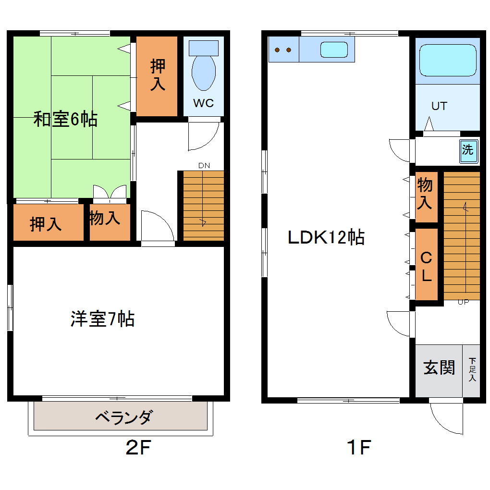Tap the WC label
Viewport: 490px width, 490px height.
tap(203, 103)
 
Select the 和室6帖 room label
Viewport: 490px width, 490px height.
tap(65, 119)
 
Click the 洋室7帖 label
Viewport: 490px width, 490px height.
tap(102, 319)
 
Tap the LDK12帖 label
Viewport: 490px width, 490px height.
tap(326, 237)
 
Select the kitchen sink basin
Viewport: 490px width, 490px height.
tap(334, 49)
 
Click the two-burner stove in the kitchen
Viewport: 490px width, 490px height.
tap(283, 49)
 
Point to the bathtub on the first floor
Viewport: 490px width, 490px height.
tap(447, 60)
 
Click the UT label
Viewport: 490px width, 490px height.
tap(439, 106)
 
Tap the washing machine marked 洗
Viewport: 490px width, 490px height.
tap(467, 149)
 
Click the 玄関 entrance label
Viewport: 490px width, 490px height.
tap(439, 368)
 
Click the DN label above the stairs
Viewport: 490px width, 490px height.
tap(204, 166)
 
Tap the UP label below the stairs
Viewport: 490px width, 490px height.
tap(463, 302)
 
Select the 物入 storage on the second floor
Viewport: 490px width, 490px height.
tap(105, 219)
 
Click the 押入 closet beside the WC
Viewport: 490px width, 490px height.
tap(158, 75)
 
